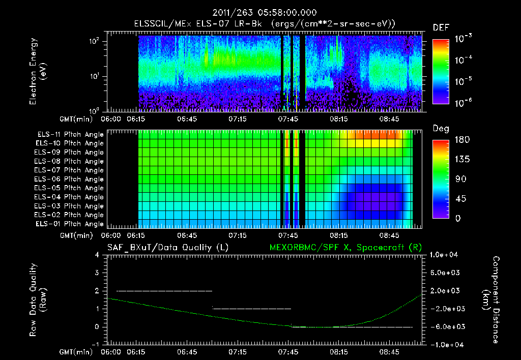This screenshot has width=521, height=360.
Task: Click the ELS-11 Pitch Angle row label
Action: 70,134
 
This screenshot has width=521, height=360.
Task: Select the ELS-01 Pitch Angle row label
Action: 70,224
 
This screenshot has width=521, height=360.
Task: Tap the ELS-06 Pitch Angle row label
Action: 70,179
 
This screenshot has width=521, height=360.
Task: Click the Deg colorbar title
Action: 441,129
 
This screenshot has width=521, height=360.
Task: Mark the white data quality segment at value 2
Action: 164,291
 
